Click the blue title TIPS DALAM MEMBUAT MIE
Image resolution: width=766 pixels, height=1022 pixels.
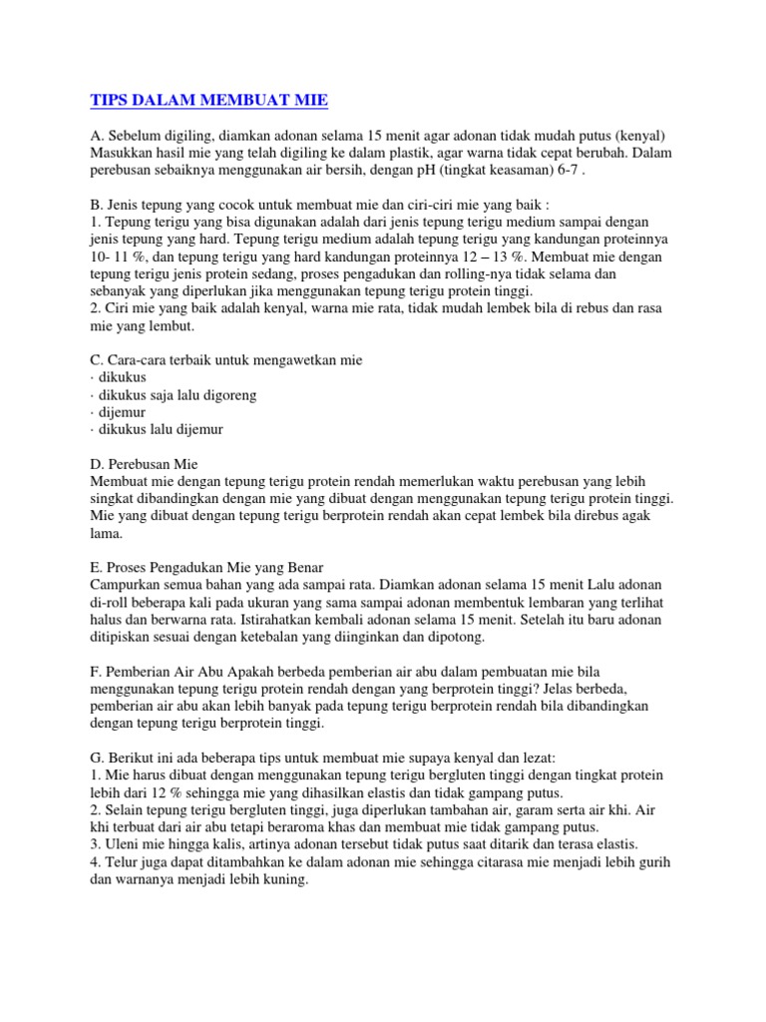[x=208, y=100]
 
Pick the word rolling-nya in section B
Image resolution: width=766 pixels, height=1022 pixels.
[x=483, y=274]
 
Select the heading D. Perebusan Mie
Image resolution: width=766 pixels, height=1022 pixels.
[x=144, y=464]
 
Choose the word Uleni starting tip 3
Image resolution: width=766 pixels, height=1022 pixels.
[x=123, y=844]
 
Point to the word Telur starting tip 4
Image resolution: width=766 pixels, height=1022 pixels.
[x=122, y=861]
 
